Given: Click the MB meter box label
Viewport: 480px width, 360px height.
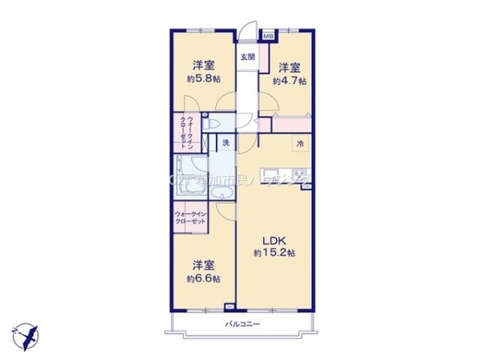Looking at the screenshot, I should pyautogui.click(x=268, y=37).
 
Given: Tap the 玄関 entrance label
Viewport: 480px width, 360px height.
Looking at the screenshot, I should pyautogui.click(x=248, y=57).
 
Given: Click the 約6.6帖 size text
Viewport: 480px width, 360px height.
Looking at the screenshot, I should pyautogui.click(x=202, y=278).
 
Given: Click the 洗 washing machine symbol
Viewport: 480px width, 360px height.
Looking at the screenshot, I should pyautogui.click(x=225, y=142).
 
